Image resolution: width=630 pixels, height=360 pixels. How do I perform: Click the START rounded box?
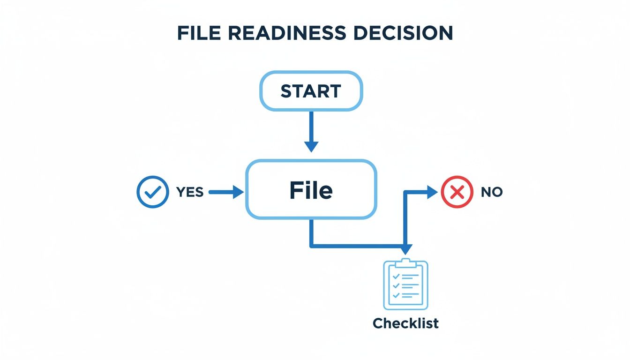pos(311,91)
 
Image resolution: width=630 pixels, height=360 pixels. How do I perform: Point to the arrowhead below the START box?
pos(311,146)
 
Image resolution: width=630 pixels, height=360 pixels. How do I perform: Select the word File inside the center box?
pos(311,190)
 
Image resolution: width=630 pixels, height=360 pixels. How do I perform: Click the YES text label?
pos(190,192)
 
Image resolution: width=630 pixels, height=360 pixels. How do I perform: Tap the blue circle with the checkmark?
pos(152,192)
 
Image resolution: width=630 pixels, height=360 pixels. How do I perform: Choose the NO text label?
pos(491,192)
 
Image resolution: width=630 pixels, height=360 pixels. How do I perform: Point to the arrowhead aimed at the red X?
pos(432,191)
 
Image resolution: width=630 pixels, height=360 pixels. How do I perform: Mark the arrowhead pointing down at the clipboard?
pos(406,249)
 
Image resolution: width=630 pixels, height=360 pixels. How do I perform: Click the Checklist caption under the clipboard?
pos(406,323)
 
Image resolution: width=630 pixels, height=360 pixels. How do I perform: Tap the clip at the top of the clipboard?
pos(406,262)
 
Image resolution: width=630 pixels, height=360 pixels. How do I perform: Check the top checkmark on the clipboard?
pos(396,277)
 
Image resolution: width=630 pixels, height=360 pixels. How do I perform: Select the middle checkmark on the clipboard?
pos(396,285)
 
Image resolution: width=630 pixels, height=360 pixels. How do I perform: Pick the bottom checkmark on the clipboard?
pos(396,295)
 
